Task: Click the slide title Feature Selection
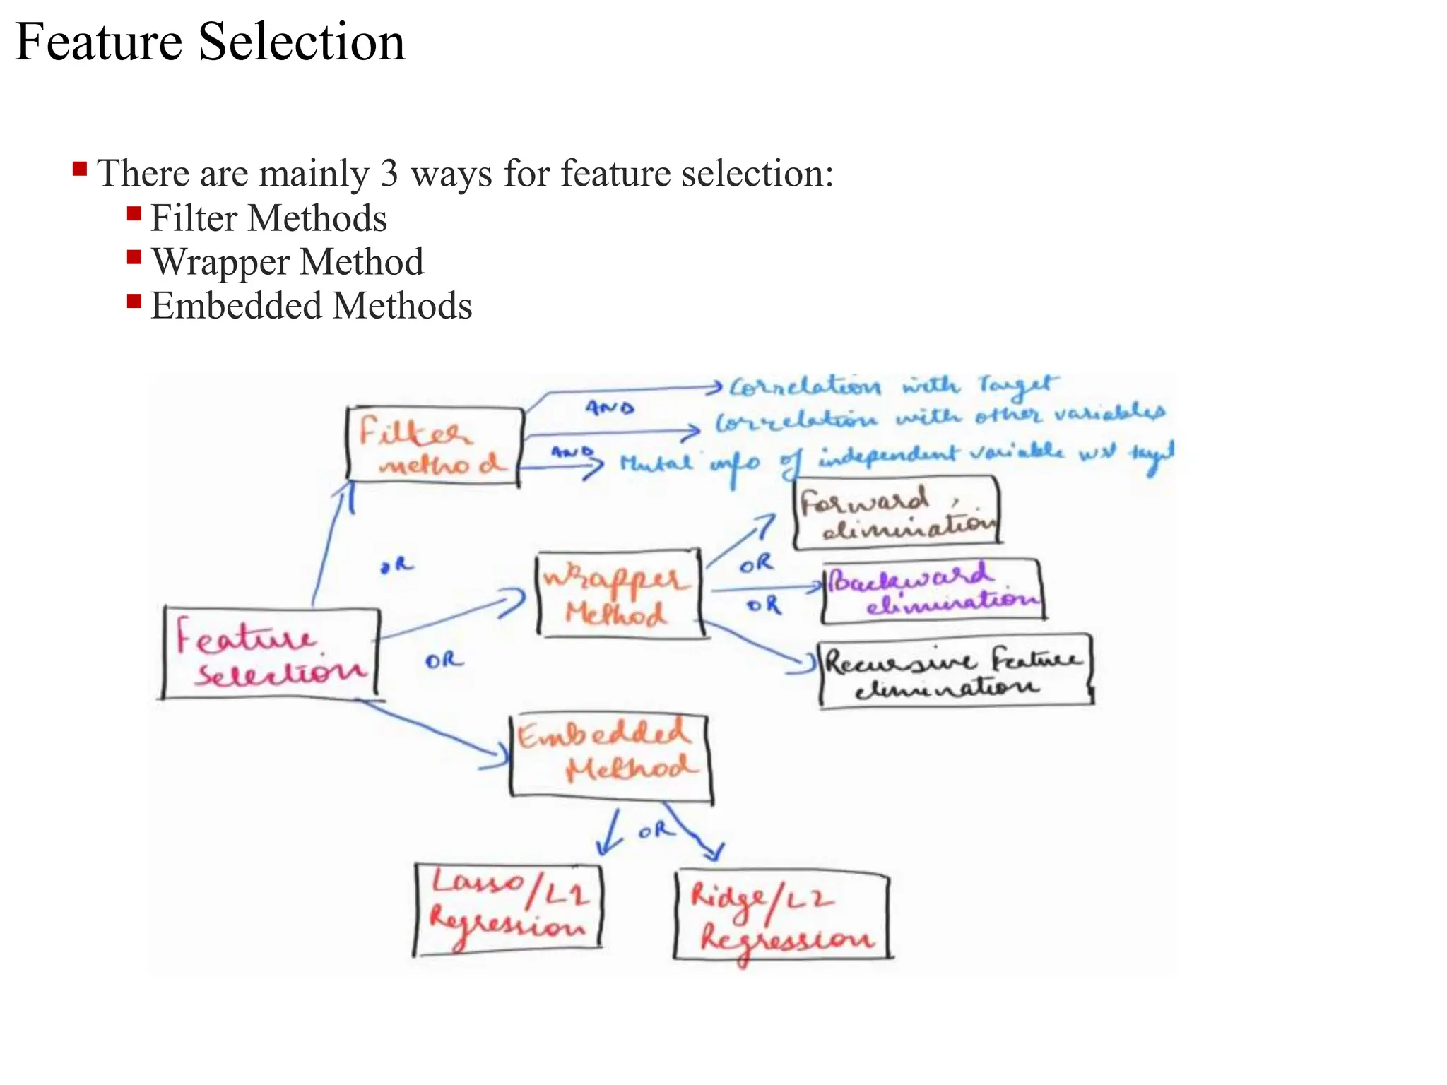pyautogui.click(x=210, y=42)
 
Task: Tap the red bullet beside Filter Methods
pyautogui.click(x=134, y=214)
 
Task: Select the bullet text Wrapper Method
pyautogui.click(x=288, y=262)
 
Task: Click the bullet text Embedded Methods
pyautogui.click(x=311, y=306)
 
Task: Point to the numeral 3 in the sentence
pyautogui.click(x=389, y=174)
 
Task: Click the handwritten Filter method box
pyautogui.click(x=435, y=446)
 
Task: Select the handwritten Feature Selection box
pyautogui.click(x=271, y=653)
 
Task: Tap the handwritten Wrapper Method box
pyautogui.click(x=620, y=594)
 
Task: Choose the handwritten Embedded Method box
pyautogui.click(x=610, y=757)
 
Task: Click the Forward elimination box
pyautogui.click(x=897, y=513)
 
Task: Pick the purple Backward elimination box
pyautogui.click(x=933, y=591)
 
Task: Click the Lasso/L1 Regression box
pyautogui.click(x=507, y=908)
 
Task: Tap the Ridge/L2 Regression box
pyautogui.click(x=781, y=916)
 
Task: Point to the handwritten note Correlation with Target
pyautogui.click(x=893, y=386)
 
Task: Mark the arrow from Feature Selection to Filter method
pyautogui.click(x=331, y=544)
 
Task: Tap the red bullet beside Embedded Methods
pyautogui.click(x=134, y=302)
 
